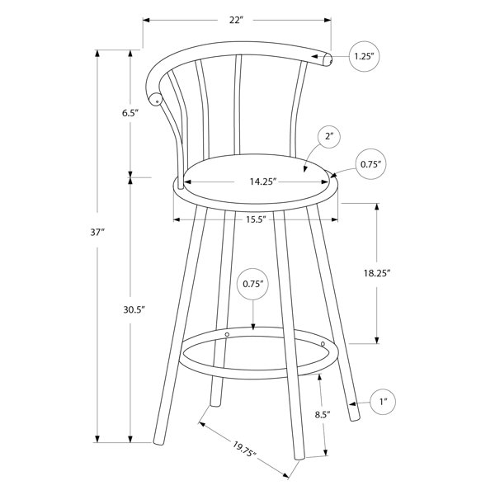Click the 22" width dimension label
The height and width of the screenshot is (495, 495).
coord(237,20)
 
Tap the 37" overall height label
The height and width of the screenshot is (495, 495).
coord(97,233)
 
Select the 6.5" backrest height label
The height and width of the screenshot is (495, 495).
coord(130,113)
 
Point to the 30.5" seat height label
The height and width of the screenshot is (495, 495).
coord(134,309)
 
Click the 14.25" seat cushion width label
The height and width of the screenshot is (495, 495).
coord(263,181)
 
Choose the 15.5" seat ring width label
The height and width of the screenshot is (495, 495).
coord(256,219)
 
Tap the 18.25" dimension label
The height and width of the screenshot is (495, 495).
coord(377,273)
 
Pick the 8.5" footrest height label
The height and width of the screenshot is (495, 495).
coord(323,414)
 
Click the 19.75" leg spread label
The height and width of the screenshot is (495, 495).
coord(244,449)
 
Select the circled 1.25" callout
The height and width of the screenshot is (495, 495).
coord(364,56)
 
